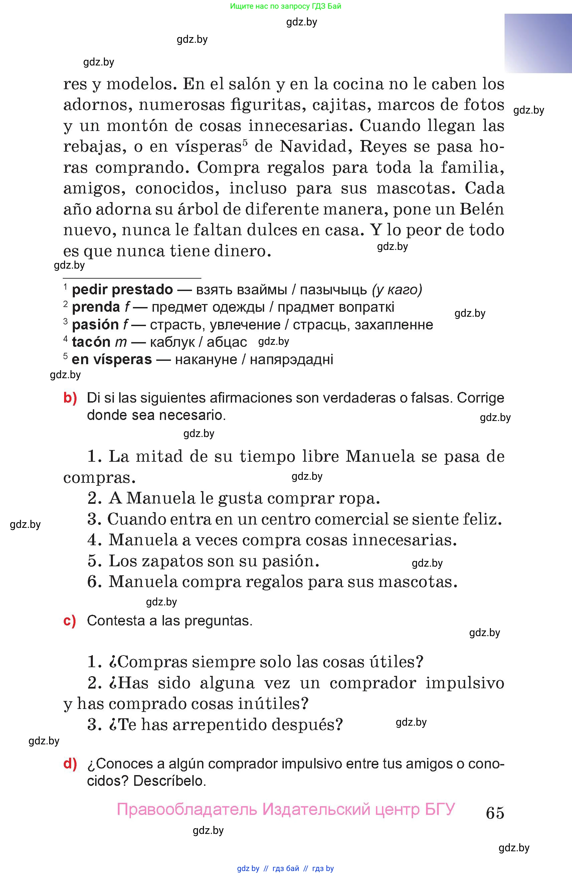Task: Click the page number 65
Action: [495, 813]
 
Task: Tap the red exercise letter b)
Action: [70, 398]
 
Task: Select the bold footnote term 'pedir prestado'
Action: [122, 290]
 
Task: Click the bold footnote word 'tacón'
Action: [91, 342]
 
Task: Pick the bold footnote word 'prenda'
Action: [96, 307]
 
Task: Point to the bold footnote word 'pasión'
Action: [95, 325]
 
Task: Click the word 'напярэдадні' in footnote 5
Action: [291, 359]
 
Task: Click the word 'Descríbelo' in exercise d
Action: [169, 781]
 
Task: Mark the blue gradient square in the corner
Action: [538, 43]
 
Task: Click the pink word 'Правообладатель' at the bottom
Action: [187, 809]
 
